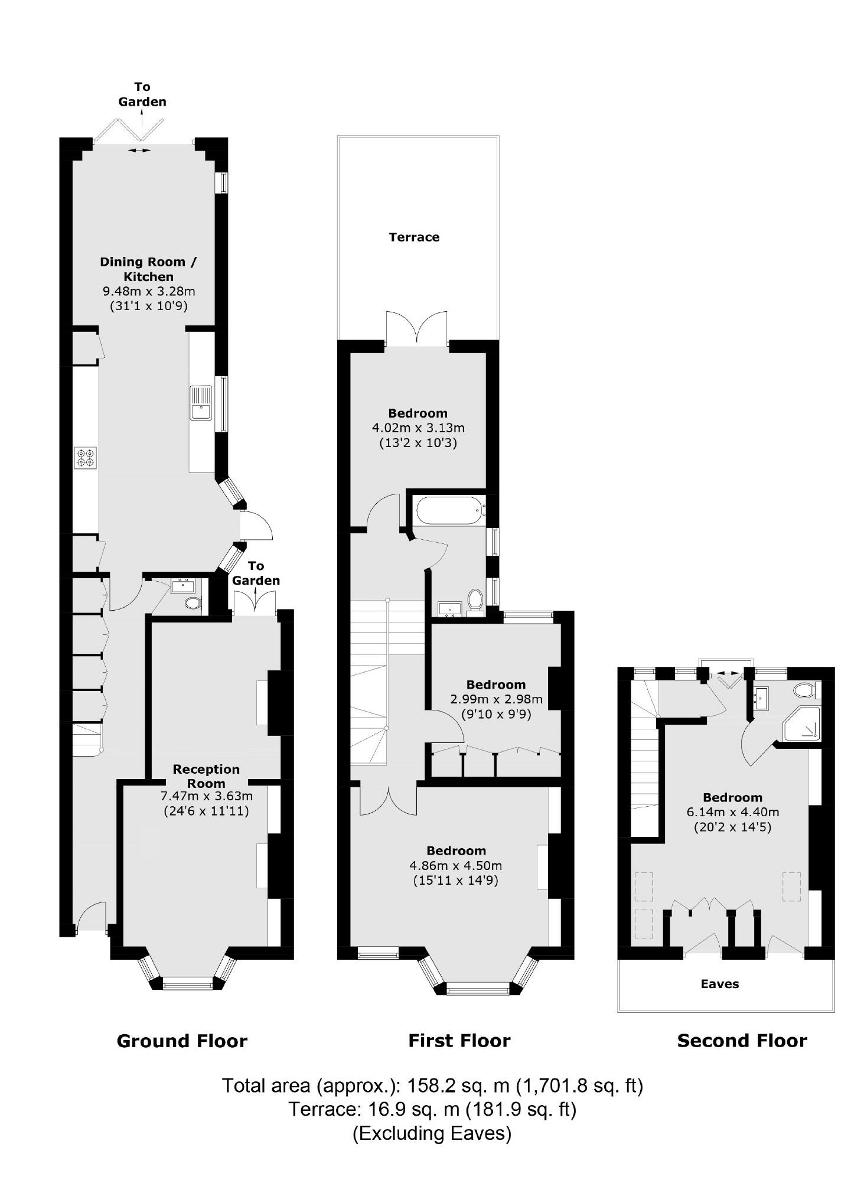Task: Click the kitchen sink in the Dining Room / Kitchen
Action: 201,402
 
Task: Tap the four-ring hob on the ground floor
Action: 85,458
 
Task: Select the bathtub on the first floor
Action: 449,510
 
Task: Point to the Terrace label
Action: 414,237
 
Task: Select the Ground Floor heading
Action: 182,1057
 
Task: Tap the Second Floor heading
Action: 742,1057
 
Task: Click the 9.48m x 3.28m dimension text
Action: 149,291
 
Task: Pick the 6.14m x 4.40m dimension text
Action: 732,812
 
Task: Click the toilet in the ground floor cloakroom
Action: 192,603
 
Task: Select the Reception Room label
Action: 206,776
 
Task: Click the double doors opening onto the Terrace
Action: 416,328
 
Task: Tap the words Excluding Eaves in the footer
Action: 432,1133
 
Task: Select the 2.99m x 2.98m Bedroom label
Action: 495,685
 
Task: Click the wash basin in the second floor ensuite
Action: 762,698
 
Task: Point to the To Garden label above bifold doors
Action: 142,94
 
